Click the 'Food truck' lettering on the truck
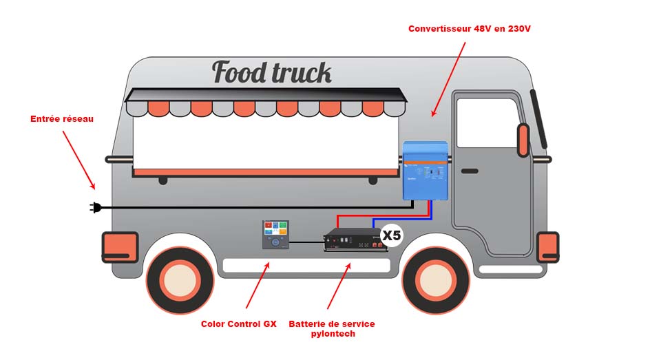tap(271, 72)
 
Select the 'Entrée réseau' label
tap(62, 119)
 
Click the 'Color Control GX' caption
tap(238, 324)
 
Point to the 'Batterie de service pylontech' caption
tap(332, 328)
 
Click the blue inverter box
tap(425, 170)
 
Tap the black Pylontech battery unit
tap(355, 241)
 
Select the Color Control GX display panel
tap(275, 235)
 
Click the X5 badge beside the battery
tap(391, 235)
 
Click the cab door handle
tap(470, 171)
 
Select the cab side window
tap(487, 123)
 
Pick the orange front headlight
tap(547, 247)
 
